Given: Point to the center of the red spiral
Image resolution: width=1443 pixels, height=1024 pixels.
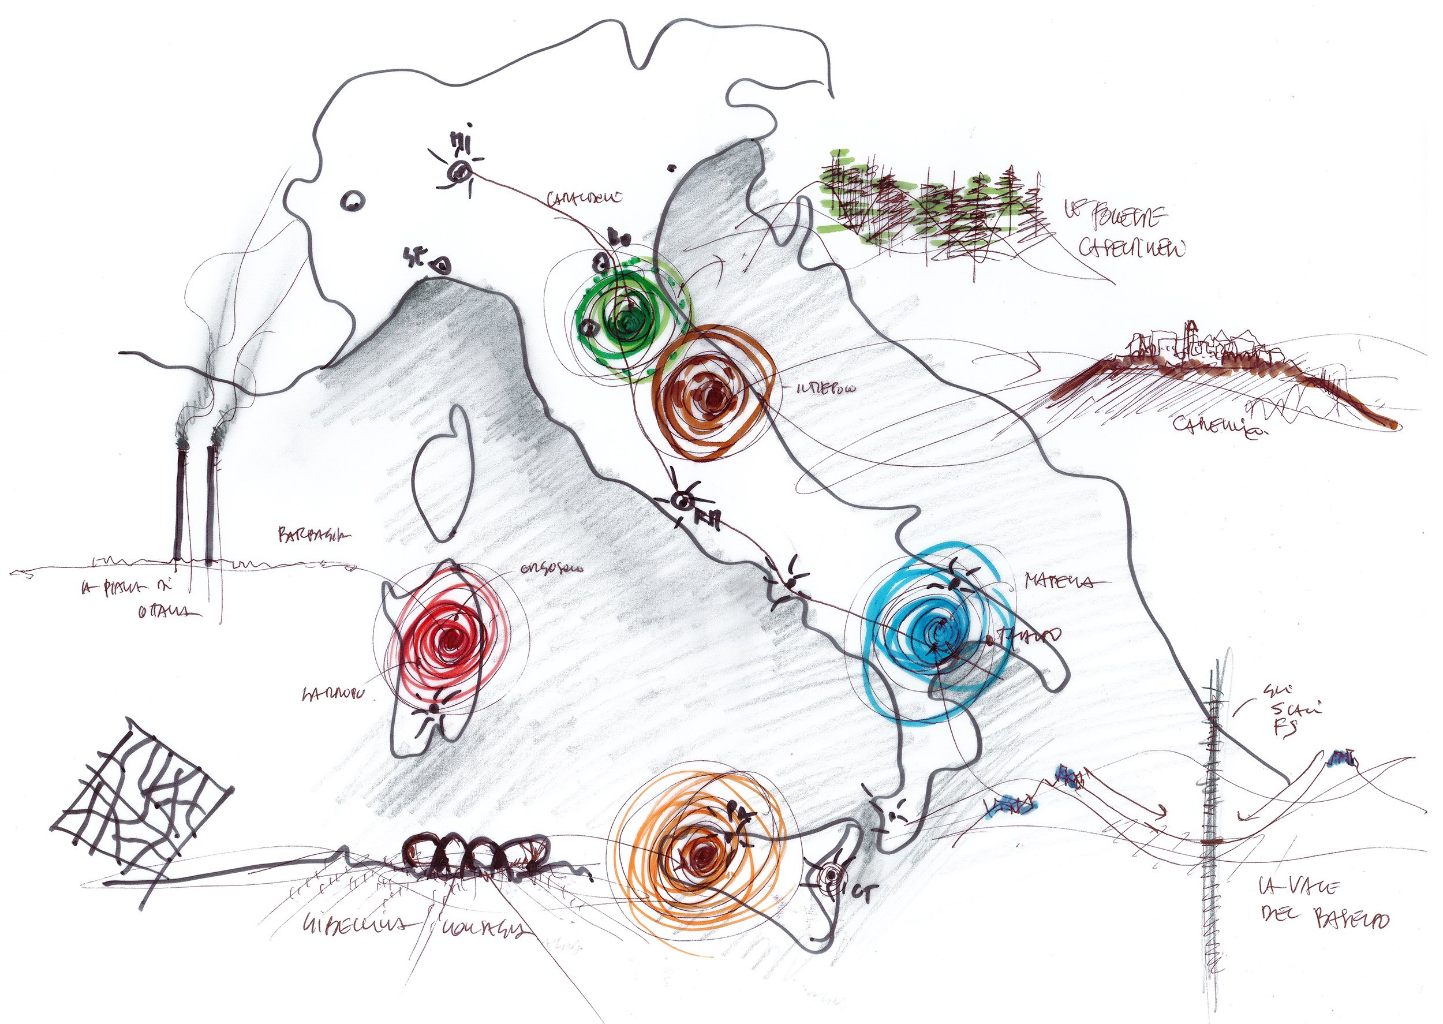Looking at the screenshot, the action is tap(450, 641).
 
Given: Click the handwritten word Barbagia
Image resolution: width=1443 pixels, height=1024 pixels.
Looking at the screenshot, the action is tap(314, 535).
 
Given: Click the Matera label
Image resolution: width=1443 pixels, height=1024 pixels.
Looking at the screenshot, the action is tap(1057, 581).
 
